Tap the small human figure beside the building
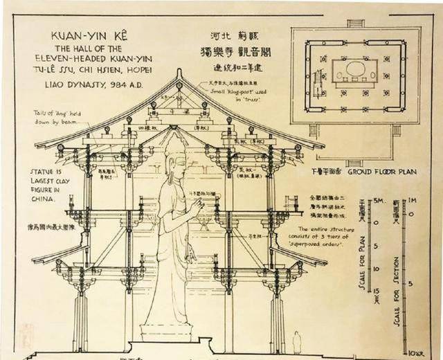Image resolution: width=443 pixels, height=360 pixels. (296, 342)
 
